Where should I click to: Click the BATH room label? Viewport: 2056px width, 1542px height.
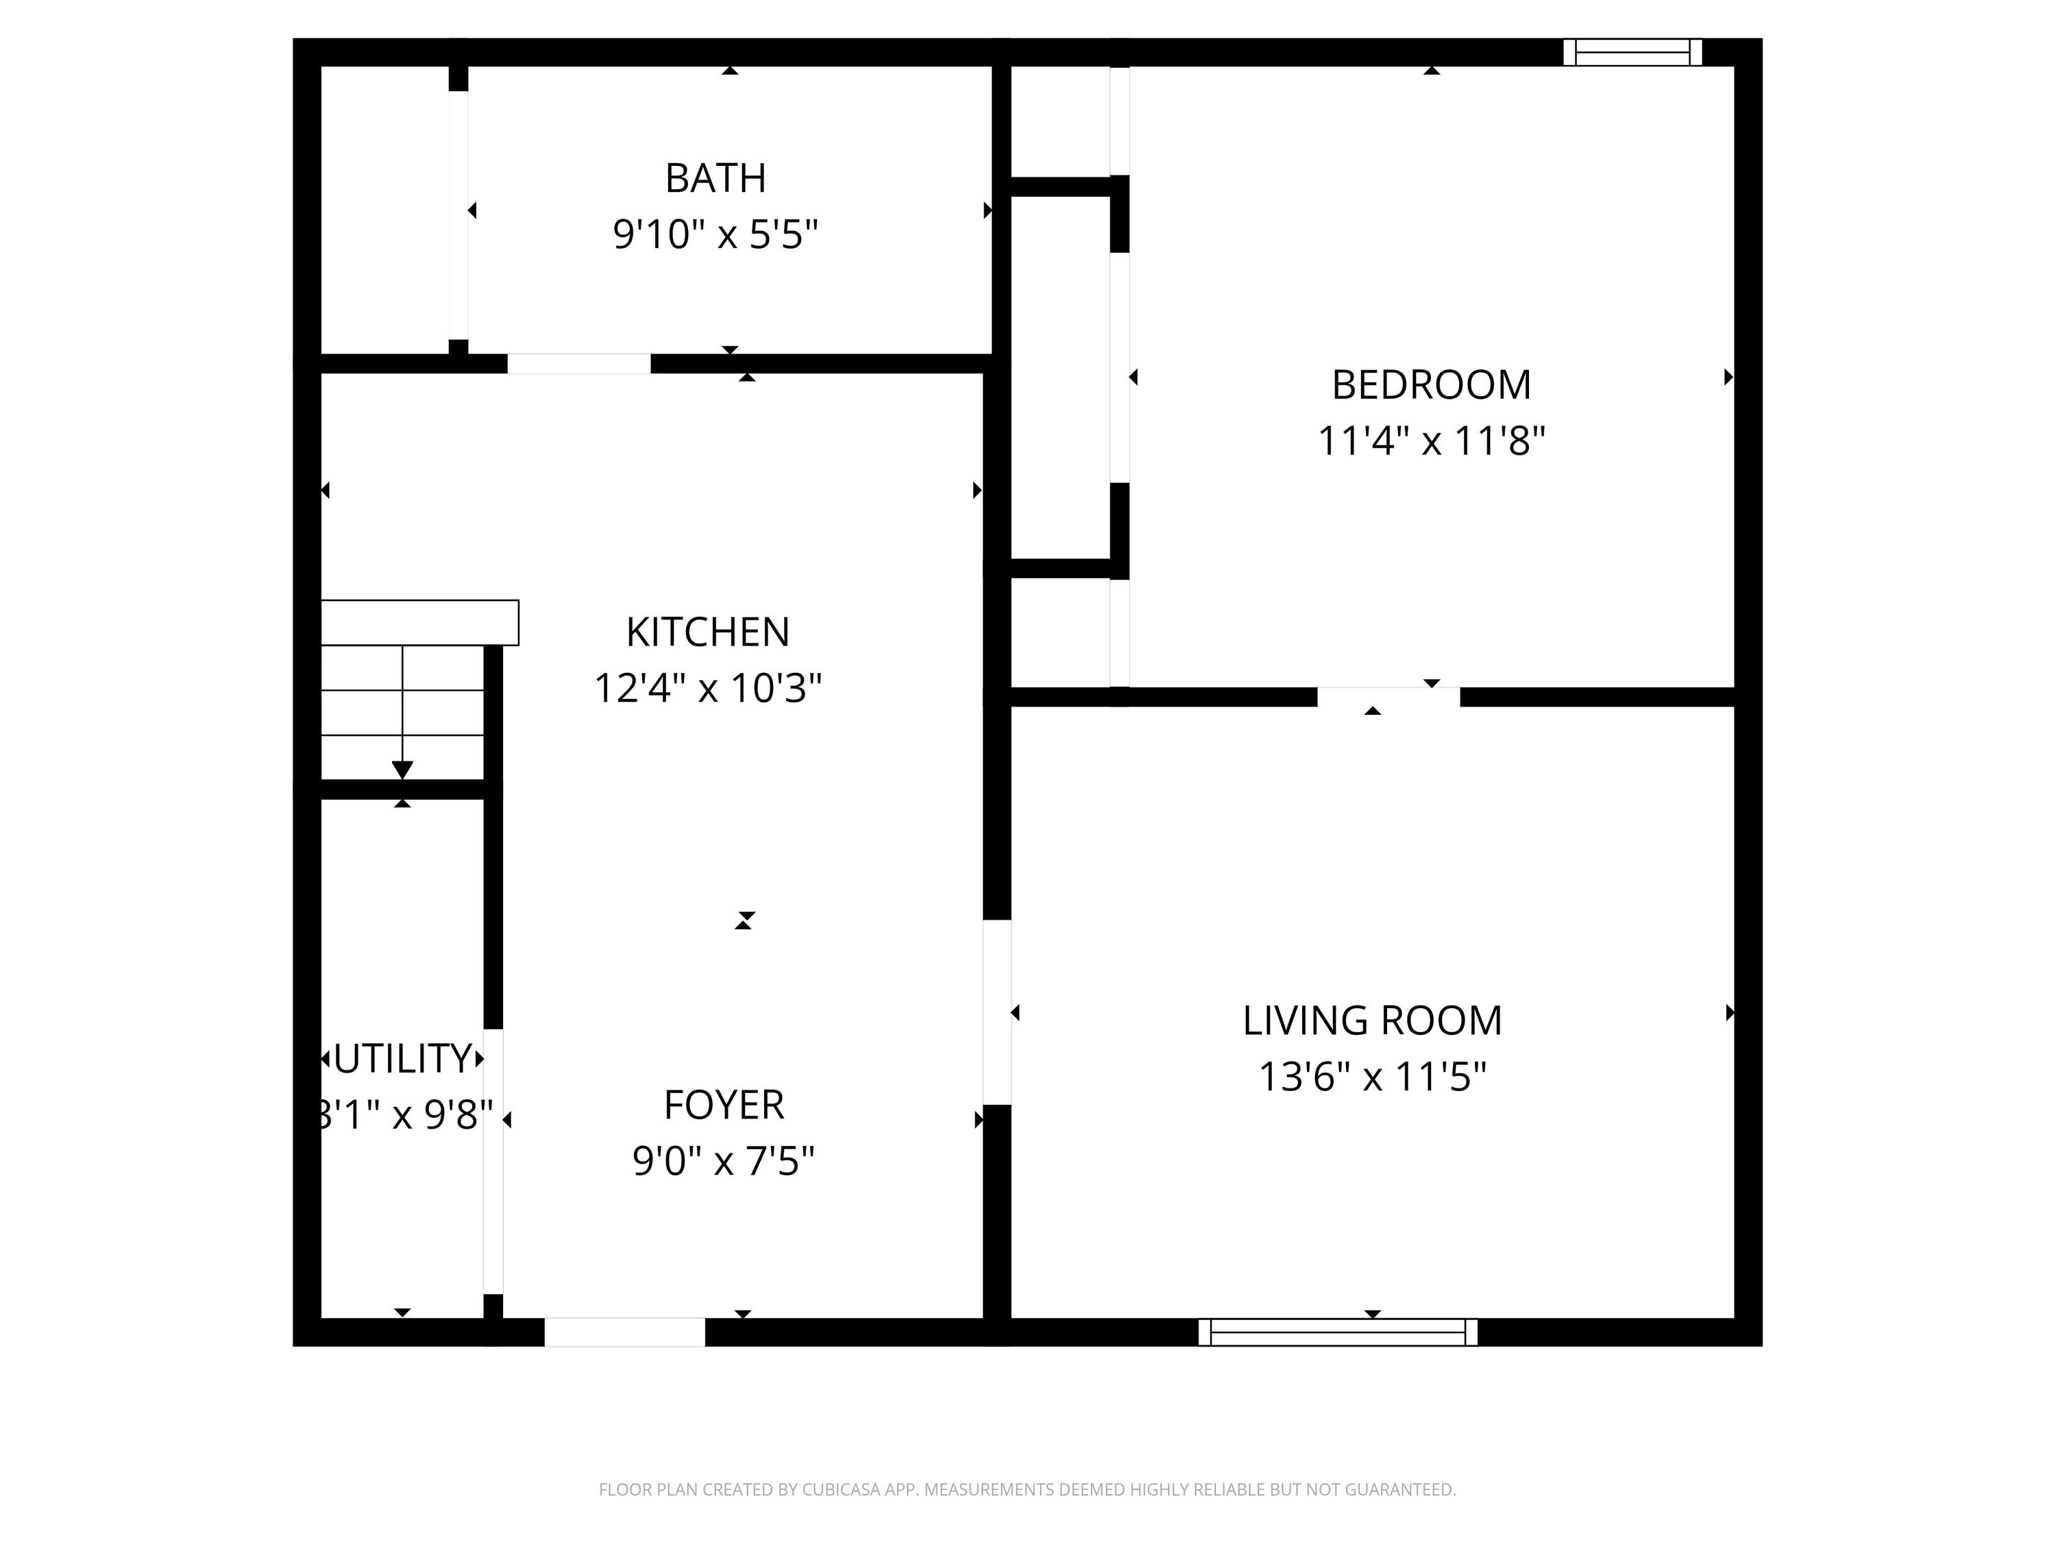point(715,178)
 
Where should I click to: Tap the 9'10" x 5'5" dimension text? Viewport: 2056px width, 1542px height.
point(715,234)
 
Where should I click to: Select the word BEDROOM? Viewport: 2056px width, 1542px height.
point(1432,384)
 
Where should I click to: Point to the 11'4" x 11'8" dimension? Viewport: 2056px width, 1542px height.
point(1432,441)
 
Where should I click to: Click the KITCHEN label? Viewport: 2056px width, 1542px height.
point(707,632)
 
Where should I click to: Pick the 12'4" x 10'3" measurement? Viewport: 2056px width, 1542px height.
point(707,689)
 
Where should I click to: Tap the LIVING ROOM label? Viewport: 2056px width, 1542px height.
point(1372,1020)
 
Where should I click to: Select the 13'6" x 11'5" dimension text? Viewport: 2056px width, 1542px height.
point(1372,1077)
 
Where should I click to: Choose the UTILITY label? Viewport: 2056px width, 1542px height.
point(402,1059)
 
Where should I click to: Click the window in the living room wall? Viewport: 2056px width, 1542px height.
point(1338,1332)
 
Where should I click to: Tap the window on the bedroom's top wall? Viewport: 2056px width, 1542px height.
point(1632,52)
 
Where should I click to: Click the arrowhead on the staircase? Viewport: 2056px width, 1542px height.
point(402,770)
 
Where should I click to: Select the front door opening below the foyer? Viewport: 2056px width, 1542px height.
point(624,1332)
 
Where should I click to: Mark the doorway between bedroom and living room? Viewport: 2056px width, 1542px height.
point(1388,697)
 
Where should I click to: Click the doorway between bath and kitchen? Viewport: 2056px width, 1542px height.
point(579,363)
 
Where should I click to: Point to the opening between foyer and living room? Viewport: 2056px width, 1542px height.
point(997,1012)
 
